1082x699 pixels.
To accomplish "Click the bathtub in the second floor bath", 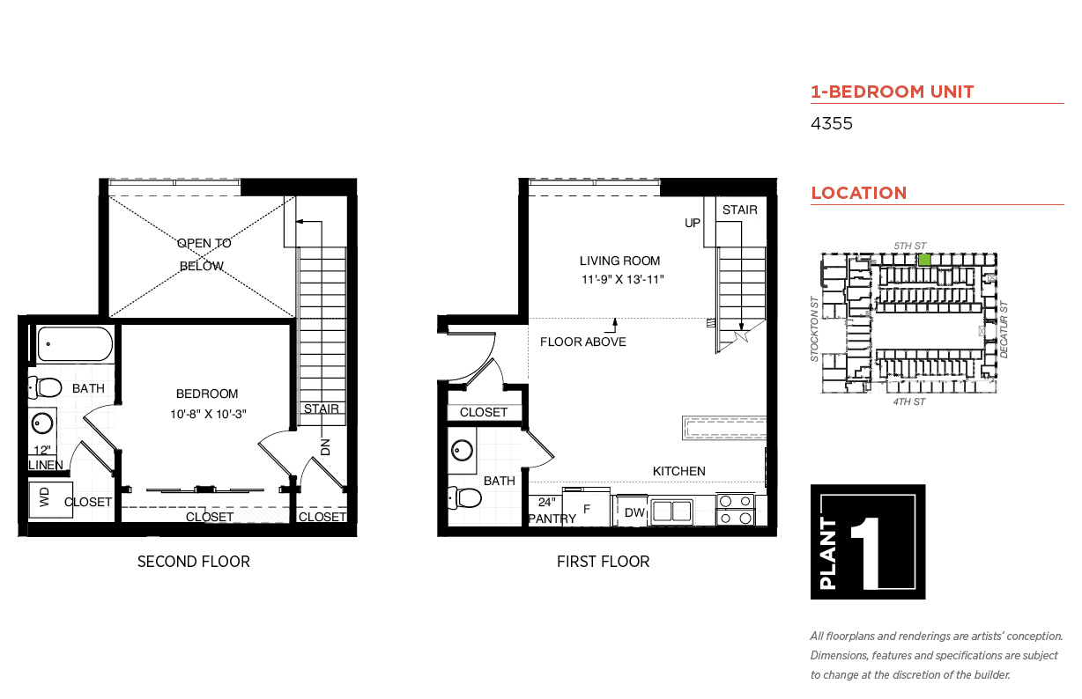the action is click(x=75, y=343).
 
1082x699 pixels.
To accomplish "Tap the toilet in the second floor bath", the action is click(x=45, y=387).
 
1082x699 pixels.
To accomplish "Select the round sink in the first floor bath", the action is click(x=463, y=451).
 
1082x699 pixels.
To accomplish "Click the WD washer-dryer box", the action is click(x=50, y=500).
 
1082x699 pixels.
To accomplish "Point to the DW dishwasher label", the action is click(x=634, y=512).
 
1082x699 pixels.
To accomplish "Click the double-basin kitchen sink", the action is click(x=671, y=511).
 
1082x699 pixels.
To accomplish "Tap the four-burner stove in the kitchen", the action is click(x=735, y=510).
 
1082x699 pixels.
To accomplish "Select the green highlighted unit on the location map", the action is click(x=924, y=260).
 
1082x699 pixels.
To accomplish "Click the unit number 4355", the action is click(x=831, y=123).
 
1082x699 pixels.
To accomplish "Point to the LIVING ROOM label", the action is click(x=619, y=261).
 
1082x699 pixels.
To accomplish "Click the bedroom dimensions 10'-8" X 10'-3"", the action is click(x=208, y=414).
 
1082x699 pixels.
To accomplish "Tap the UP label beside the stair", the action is click(x=693, y=223).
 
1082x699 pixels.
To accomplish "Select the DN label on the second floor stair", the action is click(x=325, y=447).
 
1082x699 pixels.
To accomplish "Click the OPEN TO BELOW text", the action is click(x=203, y=254).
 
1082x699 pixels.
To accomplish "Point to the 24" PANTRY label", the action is click(x=552, y=511).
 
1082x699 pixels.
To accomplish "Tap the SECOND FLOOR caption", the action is click(x=194, y=562).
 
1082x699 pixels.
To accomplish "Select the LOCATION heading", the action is click(x=859, y=193).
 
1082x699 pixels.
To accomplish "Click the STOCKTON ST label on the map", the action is click(x=814, y=328).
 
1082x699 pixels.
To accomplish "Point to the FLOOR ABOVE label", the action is click(x=583, y=342).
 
